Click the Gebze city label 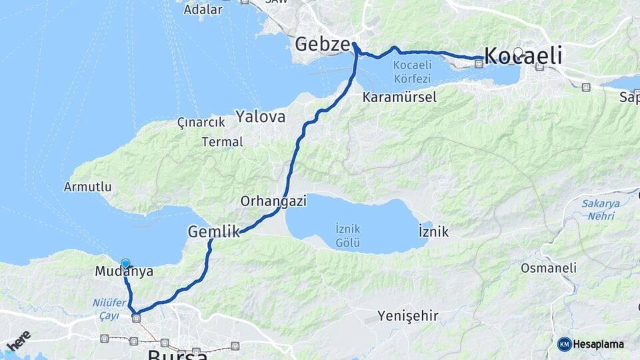coord(323,45)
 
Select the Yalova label coord(260,117)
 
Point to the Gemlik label coord(213,232)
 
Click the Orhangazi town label coord(273,201)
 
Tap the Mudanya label coord(124,271)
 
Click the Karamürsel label coord(399,97)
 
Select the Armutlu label coord(88,187)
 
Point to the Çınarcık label coord(199,123)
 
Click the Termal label coord(223,142)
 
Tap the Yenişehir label coord(408,315)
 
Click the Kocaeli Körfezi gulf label coord(412,71)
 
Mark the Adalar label coord(203,9)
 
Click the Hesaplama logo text coord(598,344)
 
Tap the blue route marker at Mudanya coord(125,264)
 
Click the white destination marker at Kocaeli coord(518,52)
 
